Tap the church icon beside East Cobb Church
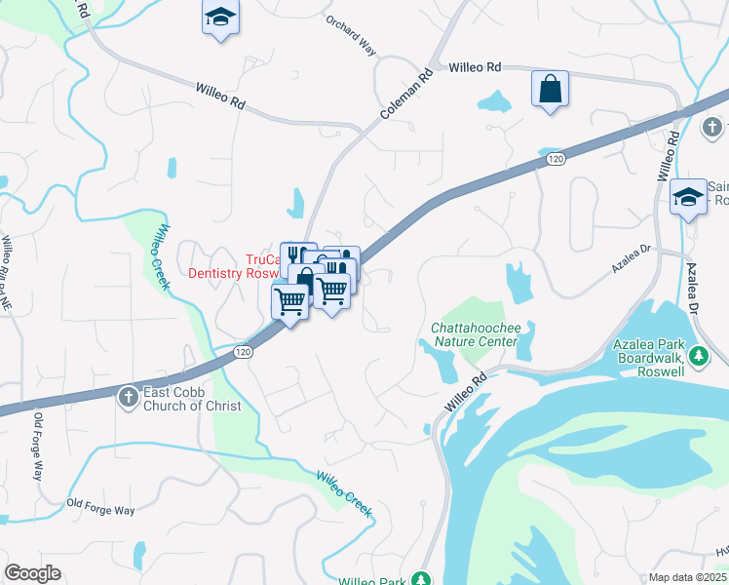coord(128,397)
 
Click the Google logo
coord(32,573)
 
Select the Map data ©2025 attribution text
coord(687,577)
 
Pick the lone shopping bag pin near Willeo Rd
coord(550,90)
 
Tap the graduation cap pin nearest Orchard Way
coord(220,19)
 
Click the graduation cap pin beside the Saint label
coord(688,198)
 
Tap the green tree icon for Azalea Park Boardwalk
coord(698,359)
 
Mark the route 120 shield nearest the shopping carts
coord(245,352)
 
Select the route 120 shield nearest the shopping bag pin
coord(555,158)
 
